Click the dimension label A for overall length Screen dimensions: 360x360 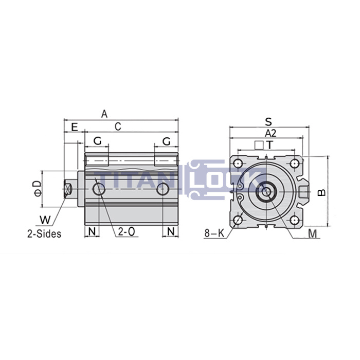click(104, 114)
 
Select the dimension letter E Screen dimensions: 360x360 click(74, 127)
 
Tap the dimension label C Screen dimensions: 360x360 click(118, 127)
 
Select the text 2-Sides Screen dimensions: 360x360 click(44, 233)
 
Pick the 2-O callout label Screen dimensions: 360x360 click(127, 231)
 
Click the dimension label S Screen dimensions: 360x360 click(268, 121)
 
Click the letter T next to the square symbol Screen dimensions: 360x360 click(269, 145)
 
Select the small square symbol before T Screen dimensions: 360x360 click(259, 145)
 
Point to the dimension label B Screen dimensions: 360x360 click(321, 192)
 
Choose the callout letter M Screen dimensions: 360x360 click(312, 234)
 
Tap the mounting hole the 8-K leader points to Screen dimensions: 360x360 click(237, 222)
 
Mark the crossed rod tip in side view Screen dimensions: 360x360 click(67, 189)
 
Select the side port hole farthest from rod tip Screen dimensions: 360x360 click(163, 190)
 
